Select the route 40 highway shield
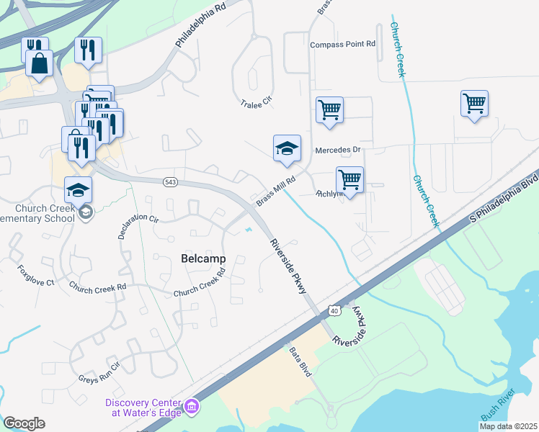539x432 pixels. click(333, 310)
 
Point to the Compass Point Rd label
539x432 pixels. click(343, 45)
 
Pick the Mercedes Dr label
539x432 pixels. click(337, 150)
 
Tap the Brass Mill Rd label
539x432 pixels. click(276, 191)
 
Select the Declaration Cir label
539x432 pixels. click(138, 227)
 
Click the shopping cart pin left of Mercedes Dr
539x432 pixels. click(329, 110)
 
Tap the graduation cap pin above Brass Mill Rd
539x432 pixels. click(287, 148)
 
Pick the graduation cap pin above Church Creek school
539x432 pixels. click(79, 190)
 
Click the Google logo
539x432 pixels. click(24, 423)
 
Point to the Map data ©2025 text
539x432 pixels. click(507, 426)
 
